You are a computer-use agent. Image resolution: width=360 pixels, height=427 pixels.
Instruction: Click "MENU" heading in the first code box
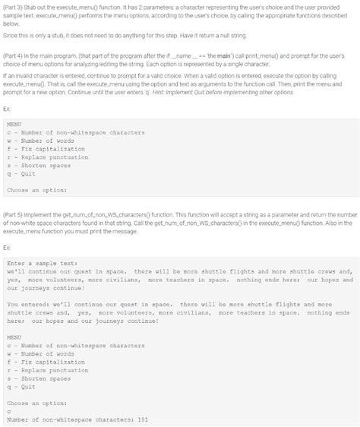point(14,124)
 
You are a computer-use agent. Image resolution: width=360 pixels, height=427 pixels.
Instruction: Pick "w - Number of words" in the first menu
point(36,141)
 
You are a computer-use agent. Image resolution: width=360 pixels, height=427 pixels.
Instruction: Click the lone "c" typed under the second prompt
point(8,410)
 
